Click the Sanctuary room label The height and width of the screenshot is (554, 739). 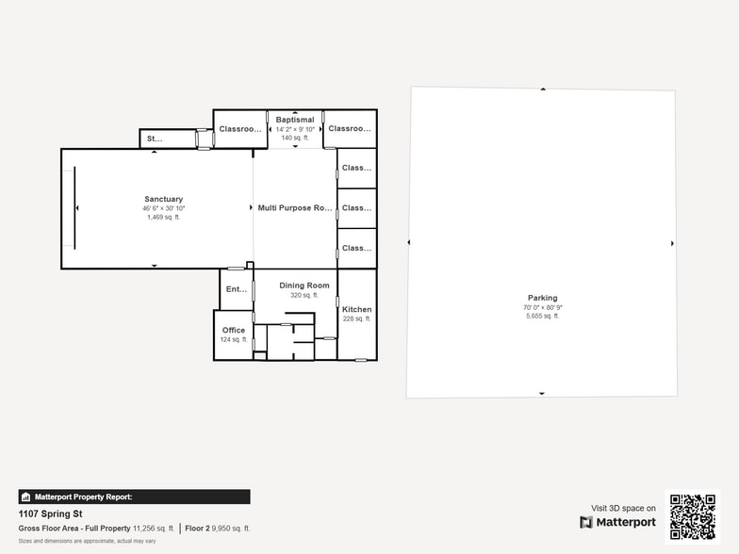point(163,199)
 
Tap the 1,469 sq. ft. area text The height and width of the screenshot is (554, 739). point(163,217)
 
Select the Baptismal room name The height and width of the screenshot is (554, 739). point(295,120)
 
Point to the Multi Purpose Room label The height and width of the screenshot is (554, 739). point(295,207)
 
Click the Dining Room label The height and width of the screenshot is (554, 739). point(304,285)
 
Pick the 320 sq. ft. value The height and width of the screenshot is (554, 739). point(304,295)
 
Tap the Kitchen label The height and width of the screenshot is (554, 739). point(356,309)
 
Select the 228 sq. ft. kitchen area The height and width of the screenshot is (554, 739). point(356,319)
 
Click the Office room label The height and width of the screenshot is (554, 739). point(234,330)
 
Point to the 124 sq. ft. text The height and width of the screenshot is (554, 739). point(234,339)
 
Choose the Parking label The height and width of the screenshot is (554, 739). point(542,298)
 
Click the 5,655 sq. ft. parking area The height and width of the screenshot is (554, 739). point(542,316)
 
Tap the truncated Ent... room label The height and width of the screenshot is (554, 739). point(236,290)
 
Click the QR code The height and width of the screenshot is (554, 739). point(691,516)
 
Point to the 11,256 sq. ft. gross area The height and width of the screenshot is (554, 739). point(154,529)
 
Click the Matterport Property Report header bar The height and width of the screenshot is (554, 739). point(134,497)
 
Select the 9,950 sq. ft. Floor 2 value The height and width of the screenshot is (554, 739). point(231,529)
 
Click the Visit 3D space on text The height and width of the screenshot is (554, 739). point(623,508)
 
